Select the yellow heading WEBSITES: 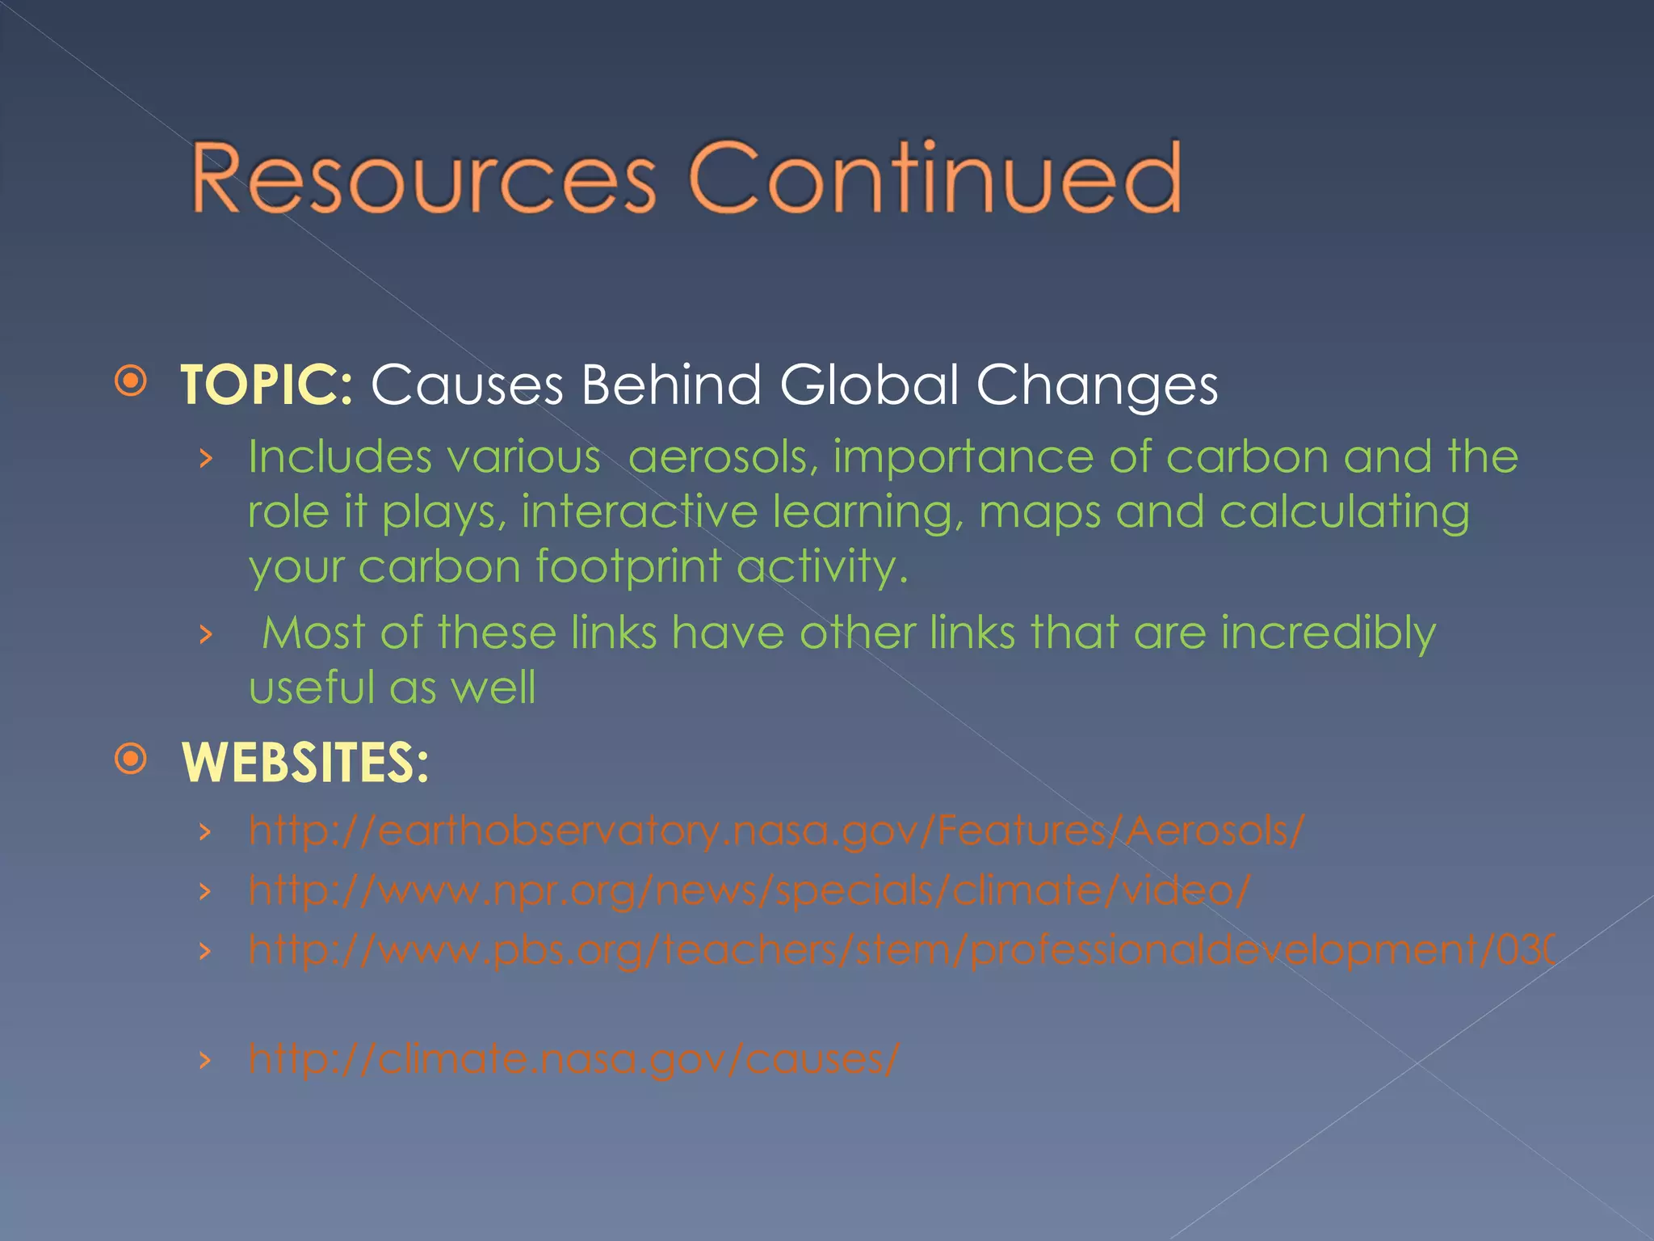(305, 763)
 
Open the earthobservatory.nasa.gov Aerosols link (775, 831)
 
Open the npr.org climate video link (749, 890)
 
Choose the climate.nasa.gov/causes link (573, 1058)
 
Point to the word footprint (628, 567)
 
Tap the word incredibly (1328, 633)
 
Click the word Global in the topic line (869, 385)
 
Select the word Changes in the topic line (1097, 386)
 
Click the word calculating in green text (1344, 514)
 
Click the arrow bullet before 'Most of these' (206, 635)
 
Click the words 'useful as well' (392, 688)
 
